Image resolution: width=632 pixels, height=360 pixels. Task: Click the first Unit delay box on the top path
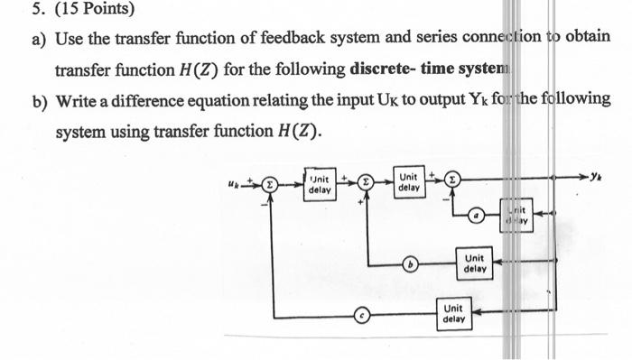[x=319, y=185]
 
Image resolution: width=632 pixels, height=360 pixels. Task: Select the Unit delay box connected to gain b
[x=475, y=263]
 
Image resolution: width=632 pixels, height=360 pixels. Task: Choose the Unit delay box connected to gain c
[x=454, y=313]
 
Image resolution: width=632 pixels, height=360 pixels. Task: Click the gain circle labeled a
[x=479, y=217]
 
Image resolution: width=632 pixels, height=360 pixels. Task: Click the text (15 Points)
[x=77, y=10]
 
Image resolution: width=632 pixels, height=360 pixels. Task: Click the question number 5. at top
[x=14, y=10]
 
